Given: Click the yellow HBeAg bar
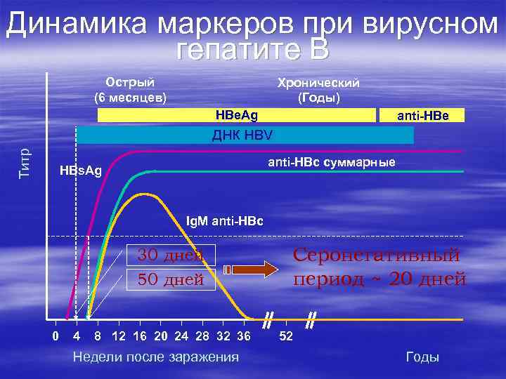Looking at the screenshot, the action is click(237, 115).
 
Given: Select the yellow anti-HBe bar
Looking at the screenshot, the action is click(422, 115).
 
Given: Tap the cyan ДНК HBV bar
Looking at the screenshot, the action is click(245, 135).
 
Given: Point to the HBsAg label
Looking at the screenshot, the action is click(81, 170).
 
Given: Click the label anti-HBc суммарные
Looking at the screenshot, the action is click(332, 162).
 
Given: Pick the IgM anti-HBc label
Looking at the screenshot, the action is click(225, 221).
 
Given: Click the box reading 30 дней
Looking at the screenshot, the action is click(171, 255).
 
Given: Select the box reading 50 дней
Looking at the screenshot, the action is click(171, 279).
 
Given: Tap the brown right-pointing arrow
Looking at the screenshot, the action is click(251, 270).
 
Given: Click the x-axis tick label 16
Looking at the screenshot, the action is click(140, 336).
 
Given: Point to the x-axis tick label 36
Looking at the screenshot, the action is click(244, 336).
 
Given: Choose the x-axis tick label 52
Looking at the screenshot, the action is click(286, 336).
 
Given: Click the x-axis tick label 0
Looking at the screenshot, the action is click(56, 336).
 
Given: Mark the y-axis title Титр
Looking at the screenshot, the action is click(25, 163).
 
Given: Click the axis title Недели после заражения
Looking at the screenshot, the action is click(156, 357).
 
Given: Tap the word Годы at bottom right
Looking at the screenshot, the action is click(422, 357).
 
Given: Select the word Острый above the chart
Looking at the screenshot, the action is click(130, 82).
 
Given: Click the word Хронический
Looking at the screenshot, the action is click(318, 83).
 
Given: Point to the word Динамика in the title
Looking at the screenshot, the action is click(76, 23).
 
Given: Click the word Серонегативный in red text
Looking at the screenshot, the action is click(376, 255).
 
